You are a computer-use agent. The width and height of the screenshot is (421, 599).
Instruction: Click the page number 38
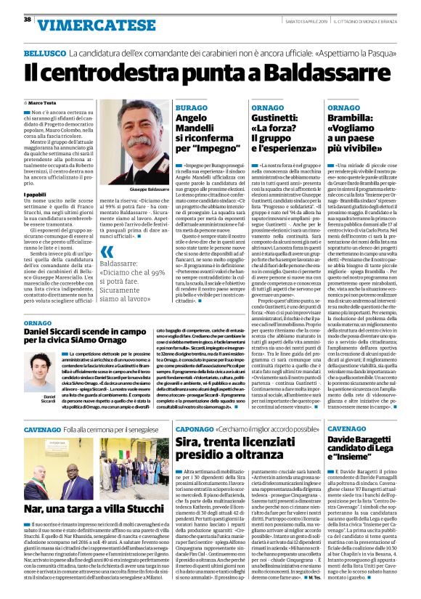27,19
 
